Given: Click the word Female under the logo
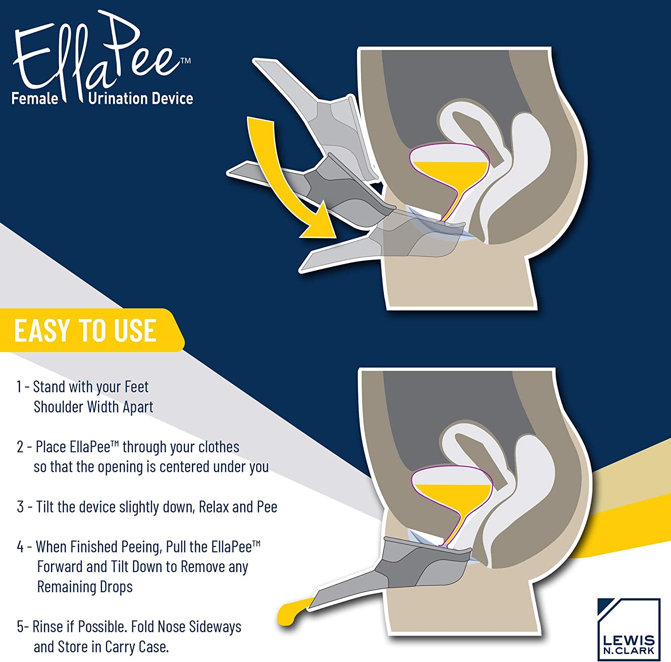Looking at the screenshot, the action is click(x=35, y=98).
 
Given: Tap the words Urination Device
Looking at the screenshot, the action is click(x=140, y=98).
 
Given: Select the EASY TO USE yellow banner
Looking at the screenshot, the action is click(x=92, y=330).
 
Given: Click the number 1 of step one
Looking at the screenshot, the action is click(x=19, y=387).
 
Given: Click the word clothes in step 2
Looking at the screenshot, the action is click(x=219, y=447).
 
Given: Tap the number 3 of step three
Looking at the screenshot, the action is click(x=20, y=507).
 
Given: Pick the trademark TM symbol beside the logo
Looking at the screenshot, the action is click(x=185, y=61).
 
